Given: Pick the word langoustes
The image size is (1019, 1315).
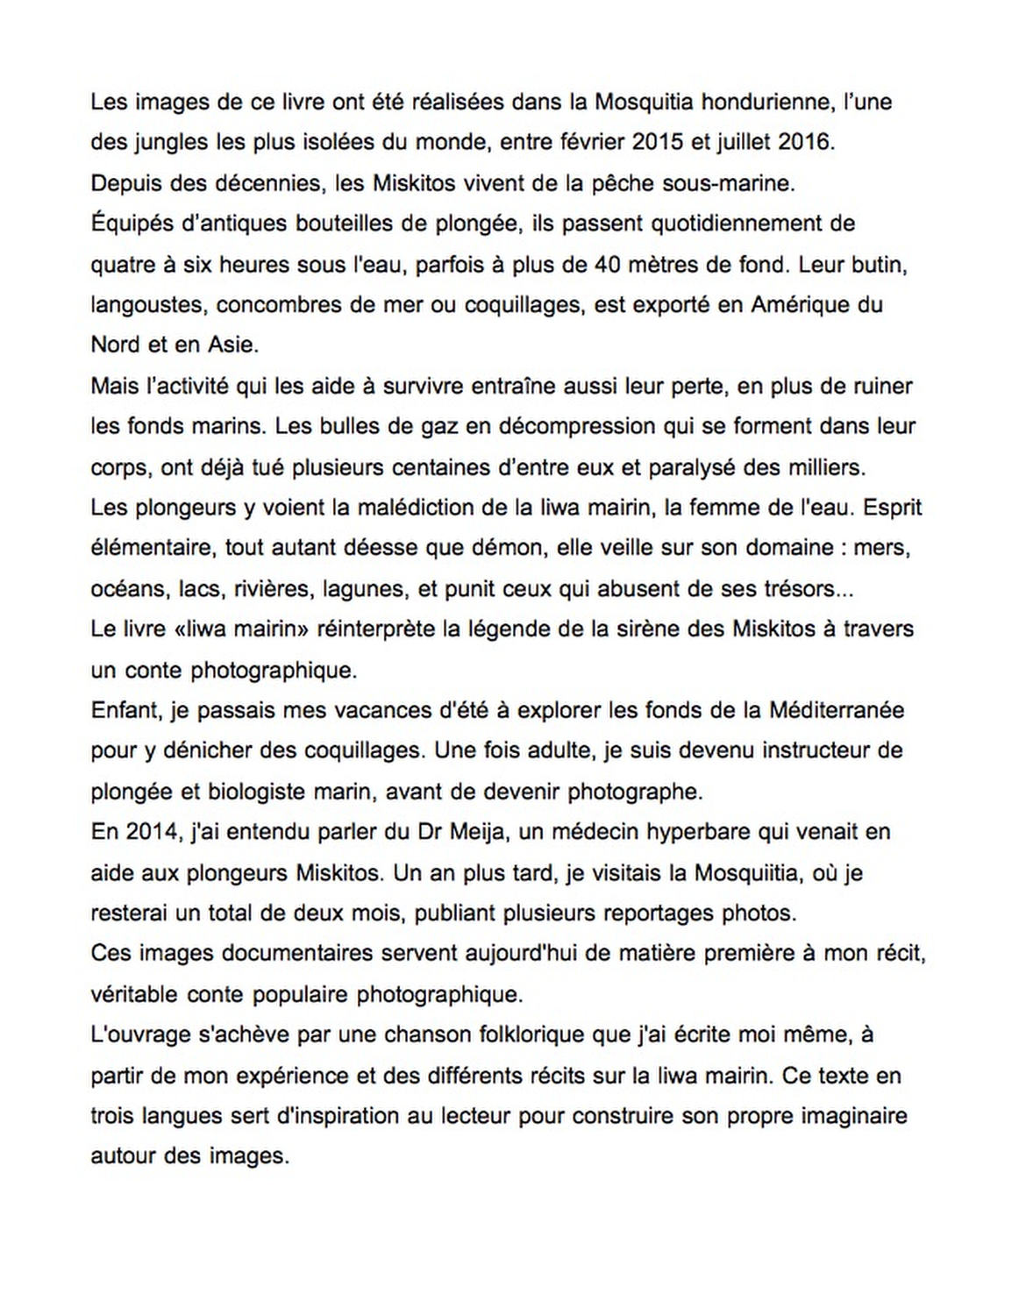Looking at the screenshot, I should [x=147, y=305].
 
